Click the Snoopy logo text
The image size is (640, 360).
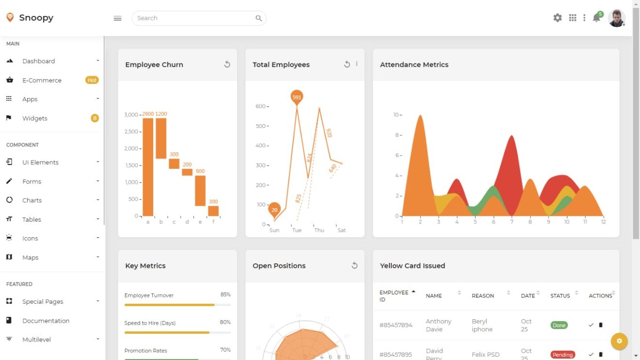[x=36, y=18]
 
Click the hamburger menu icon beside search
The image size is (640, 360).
[x=117, y=18]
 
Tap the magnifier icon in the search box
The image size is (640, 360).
[x=259, y=18]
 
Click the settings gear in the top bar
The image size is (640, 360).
[x=558, y=18]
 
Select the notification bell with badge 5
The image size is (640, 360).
[x=597, y=18]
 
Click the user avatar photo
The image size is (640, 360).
[x=616, y=18]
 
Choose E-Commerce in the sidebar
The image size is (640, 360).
[x=42, y=81]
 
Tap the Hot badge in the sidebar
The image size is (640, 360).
[x=92, y=80]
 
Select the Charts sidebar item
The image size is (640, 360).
[x=32, y=200]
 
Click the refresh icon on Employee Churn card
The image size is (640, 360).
[x=227, y=65]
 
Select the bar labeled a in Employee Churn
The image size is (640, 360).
[x=148, y=167]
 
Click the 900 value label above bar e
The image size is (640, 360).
[x=200, y=171]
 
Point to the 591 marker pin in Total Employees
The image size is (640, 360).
[x=297, y=97]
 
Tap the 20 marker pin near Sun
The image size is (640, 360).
[x=274, y=209]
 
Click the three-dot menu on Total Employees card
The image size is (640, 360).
[x=357, y=64]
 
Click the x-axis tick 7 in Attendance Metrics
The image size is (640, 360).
[x=512, y=222]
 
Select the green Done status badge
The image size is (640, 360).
[x=559, y=326]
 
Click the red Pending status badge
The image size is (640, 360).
[x=562, y=355]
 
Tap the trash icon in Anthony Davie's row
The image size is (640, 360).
[x=601, y=325]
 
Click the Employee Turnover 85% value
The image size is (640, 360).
[x=225, y=295]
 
